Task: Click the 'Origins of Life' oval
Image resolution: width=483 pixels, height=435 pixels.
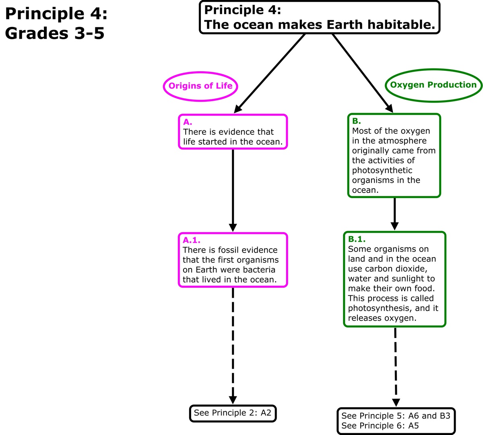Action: click(200, 86)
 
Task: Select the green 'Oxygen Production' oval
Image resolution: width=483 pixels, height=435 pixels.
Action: click(433, 85)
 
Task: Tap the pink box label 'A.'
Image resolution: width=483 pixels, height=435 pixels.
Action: click(188, 122)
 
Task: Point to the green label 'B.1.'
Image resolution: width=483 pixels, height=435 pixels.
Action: click(357, 239)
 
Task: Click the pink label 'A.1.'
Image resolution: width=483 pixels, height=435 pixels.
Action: click(192, 240)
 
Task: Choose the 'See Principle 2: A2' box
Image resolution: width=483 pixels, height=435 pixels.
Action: click(233, 413)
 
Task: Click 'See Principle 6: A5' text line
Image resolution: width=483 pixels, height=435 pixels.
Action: click(380, 426)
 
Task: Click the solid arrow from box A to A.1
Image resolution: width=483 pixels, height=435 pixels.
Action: click(233, 189)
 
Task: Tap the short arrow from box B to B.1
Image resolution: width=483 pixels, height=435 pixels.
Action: click(394, 213)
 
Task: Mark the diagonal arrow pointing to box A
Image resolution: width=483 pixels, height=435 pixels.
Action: click(270, 72)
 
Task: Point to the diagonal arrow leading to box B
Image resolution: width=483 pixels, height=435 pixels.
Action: click(362, 72)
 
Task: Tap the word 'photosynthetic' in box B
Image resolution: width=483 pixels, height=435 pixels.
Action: click(382, 170)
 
